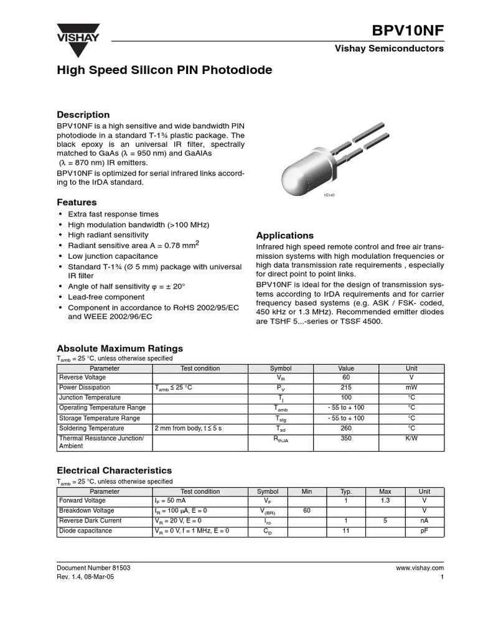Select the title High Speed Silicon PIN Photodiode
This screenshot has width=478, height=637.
tap(164, 70)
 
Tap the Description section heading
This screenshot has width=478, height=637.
tap(83, 114)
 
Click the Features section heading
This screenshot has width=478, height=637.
tap(77, 202)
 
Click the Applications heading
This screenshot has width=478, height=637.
tap(285, 235)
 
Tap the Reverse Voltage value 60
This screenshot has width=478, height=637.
tap(346, 378)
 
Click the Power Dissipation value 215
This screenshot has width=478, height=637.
tap(346, 388)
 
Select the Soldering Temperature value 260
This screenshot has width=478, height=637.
tap(346, 429)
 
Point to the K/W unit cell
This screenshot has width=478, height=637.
tap(411, 439)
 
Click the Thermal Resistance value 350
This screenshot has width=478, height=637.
tap(346, 439)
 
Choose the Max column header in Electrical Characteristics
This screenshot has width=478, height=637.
tap(385, 491)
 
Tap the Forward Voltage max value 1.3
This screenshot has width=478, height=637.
tap(385, 501)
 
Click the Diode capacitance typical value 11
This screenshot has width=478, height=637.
tap(345, 531)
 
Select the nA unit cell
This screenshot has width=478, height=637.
tap(424, 521)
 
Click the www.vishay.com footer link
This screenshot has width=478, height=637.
tap(419, 568)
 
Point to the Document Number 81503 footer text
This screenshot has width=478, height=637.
tap(93, 568)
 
